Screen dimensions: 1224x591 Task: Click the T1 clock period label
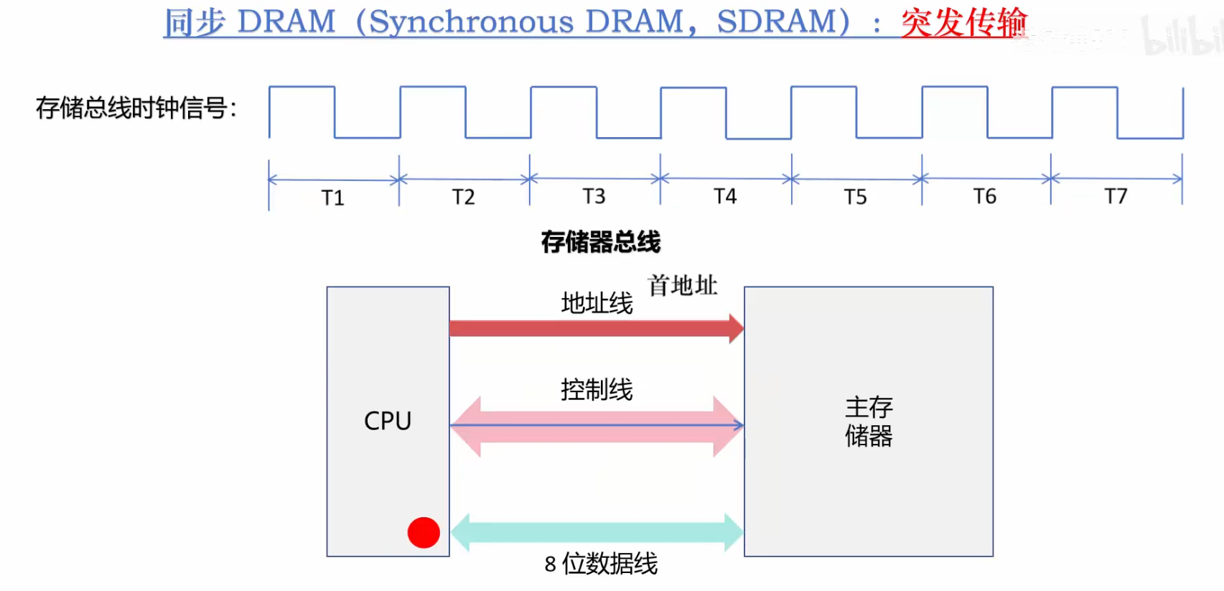pos(333,197)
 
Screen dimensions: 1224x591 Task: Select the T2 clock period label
pos(463,196)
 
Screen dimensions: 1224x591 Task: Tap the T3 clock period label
pos(594,196)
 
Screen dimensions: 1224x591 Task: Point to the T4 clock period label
pos(725,196)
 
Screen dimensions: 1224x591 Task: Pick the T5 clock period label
pos(855,196)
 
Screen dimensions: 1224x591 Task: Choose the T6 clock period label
pos(985,196)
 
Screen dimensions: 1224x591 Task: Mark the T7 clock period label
pos(1116,196)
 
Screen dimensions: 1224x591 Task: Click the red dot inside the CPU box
pos(424,533)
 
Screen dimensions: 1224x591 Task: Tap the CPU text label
pos(388,421)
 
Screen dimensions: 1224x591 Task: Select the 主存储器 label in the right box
pos(869,422)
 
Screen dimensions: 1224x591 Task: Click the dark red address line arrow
pos(597,329)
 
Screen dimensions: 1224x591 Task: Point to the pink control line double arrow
pos(597,426)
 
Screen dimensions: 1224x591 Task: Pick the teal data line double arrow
pos(597,532)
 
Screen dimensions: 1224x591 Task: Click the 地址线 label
pos(597,303)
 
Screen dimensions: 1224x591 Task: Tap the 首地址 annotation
pos(683,285)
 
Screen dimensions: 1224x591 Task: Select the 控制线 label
pos(597,390)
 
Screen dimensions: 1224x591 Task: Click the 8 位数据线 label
pos(601,564)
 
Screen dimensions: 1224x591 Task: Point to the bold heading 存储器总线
pos(601,242)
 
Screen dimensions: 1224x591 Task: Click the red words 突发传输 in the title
pos(964,23)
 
